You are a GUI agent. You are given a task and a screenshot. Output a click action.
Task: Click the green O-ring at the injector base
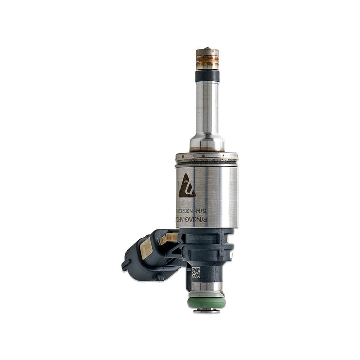pos(206,301)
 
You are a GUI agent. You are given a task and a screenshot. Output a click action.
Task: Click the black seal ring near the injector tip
pos(207,76)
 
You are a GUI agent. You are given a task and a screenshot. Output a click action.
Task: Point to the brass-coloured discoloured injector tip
pos(207,59)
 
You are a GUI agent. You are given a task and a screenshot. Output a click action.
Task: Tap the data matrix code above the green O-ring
pos(195,273)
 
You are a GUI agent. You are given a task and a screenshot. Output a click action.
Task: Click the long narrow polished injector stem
pos(207,108)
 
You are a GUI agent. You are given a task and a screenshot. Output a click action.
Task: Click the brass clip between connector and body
pos(169,238)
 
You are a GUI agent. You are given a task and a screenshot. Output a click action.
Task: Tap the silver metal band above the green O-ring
pos(206,286)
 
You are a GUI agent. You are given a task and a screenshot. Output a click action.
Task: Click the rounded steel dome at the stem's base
pos(207,141)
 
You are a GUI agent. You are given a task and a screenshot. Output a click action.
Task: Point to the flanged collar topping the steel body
pos(207,156)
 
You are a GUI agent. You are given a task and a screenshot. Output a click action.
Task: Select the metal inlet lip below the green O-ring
pos(206,311)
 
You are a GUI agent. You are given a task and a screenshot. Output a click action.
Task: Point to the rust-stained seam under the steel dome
pos(207,151)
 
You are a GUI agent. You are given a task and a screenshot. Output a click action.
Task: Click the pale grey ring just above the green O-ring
pos(206,294)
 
